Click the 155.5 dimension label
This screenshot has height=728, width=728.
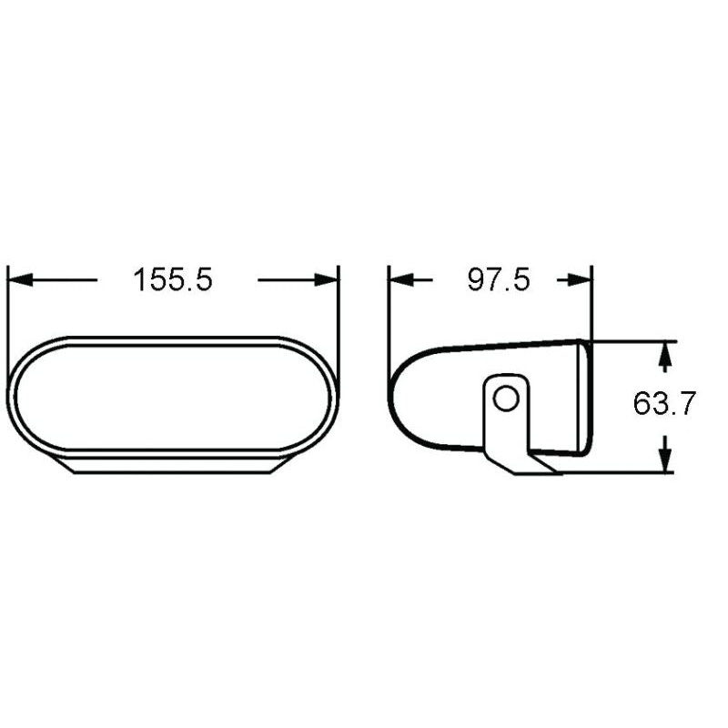[173, 279]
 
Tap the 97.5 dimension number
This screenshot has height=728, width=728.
[498, 279]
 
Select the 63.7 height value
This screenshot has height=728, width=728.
[664, 403]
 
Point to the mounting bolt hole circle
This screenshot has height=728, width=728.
[507, 398]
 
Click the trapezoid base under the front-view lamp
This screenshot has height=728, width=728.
[173, 465]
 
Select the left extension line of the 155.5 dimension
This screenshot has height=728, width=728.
[7, 309]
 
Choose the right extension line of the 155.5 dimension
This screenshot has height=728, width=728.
[339, 309]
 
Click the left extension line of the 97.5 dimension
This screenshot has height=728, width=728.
[389, 309]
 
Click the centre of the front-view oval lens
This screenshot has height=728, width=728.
[173, 397]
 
